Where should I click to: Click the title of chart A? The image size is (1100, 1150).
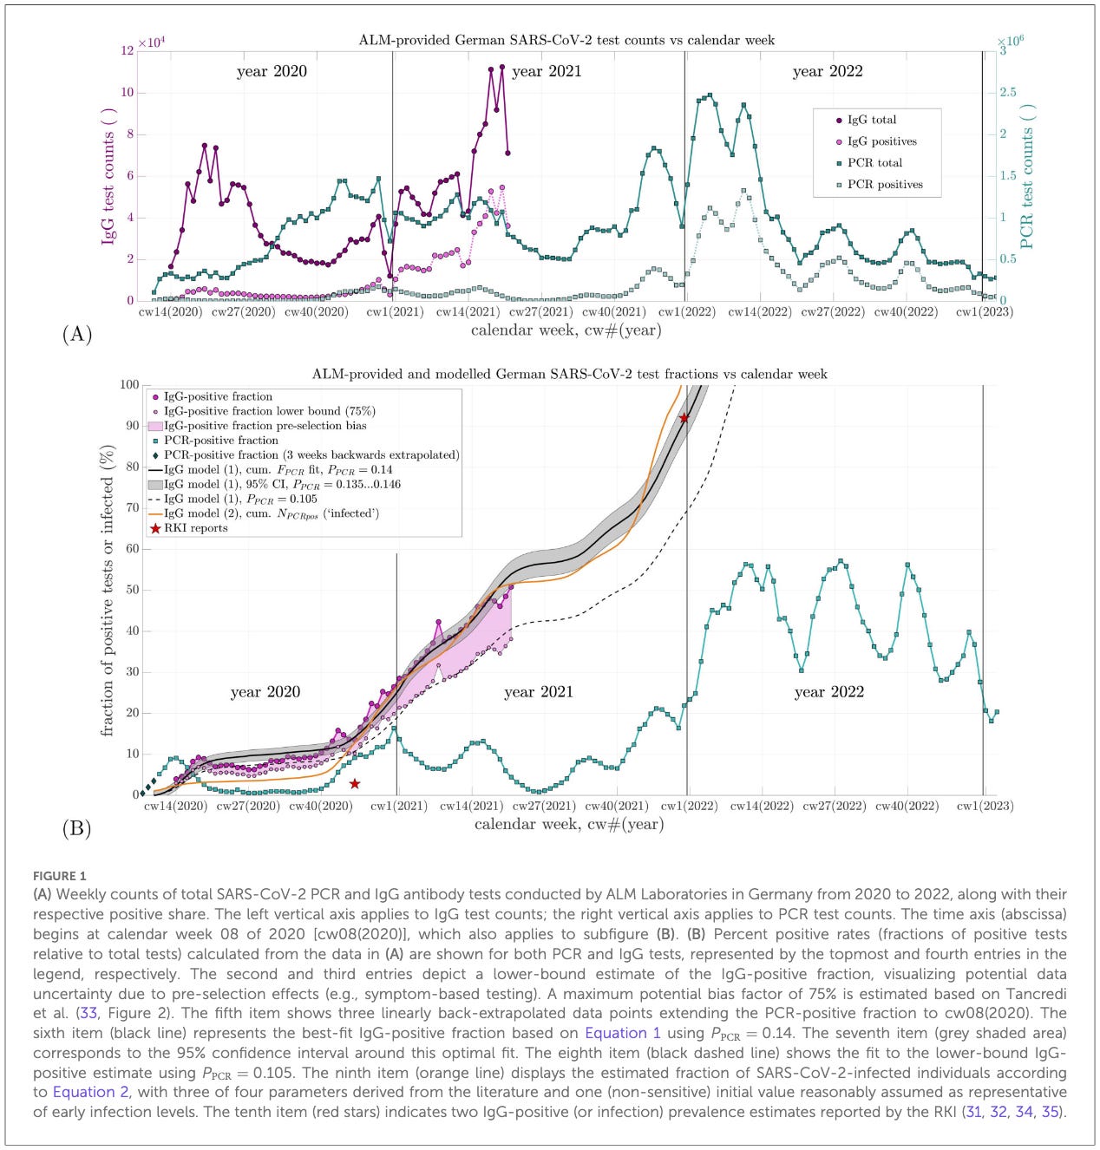[x=566, y=40]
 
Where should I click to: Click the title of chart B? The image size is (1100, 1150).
[x=569, y=375]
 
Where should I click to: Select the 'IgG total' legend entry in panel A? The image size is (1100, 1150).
[x=871, y=120]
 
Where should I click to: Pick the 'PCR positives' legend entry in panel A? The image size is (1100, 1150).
[x=884, y=184]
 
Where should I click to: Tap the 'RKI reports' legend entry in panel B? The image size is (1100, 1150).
[x=195, y=528]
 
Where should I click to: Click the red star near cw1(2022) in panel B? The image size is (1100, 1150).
[x=684, y=418]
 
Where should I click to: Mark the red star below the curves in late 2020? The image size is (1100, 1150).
[x=354, y=784]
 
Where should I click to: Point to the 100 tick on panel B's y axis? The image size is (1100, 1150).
[x=128, y=384]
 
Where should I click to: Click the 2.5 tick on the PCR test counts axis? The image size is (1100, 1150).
[x=1007, y=92]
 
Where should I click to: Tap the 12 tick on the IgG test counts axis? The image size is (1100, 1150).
[x=128, y=51]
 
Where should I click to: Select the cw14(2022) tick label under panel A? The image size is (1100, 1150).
[x=759, y=312]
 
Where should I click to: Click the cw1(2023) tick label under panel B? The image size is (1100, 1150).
[x=985, y=806]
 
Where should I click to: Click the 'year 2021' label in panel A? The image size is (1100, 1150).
[x=547, y=71]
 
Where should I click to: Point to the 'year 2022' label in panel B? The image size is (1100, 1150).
[x=828, y=691]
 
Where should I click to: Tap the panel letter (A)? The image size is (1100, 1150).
[x=77, y=334]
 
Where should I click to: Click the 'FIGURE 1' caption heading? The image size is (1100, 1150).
[x=59, y=876]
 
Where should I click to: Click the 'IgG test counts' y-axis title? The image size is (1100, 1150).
[x=108, y=176]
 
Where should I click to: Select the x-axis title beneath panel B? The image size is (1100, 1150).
[x=568, y=824]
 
